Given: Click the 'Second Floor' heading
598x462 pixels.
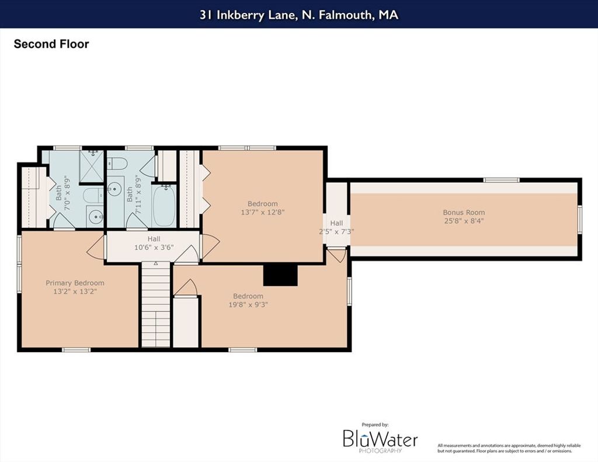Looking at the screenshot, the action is click(51, 44).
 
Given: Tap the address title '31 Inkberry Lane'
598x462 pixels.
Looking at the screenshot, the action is click(247, 15).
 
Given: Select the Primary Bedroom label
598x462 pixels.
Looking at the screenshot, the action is click(75, 283).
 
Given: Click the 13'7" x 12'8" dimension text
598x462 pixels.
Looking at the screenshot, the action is click(263, 212).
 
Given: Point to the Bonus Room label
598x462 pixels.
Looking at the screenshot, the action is click(464, 212).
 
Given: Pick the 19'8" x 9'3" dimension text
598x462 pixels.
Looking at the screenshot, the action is click(248, 304).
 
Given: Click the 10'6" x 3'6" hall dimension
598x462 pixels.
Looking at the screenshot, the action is click(154, 247).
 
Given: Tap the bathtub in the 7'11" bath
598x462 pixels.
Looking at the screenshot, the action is click(164, 206).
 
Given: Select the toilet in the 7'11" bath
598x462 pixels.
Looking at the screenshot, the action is click(117, 164).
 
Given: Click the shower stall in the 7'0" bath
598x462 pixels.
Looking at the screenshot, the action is click(92, 166).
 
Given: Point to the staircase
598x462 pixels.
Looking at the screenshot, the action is click(155, 304).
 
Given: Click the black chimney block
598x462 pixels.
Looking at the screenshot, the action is click(280, 275).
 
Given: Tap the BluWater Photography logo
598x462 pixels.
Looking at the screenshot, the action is click(380, 441).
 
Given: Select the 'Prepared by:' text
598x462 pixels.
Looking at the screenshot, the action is click(376, 425).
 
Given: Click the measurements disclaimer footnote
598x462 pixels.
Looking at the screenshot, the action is click(509, 448).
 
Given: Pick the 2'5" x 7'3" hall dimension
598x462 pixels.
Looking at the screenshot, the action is click(336, 231).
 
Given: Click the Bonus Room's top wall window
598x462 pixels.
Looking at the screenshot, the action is click(501, 180).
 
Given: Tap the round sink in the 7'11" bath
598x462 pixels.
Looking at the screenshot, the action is click(114, 189).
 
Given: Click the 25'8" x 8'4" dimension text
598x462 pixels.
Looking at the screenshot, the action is click(464, 221).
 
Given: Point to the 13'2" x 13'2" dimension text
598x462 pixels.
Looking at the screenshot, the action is click(75, 291).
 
